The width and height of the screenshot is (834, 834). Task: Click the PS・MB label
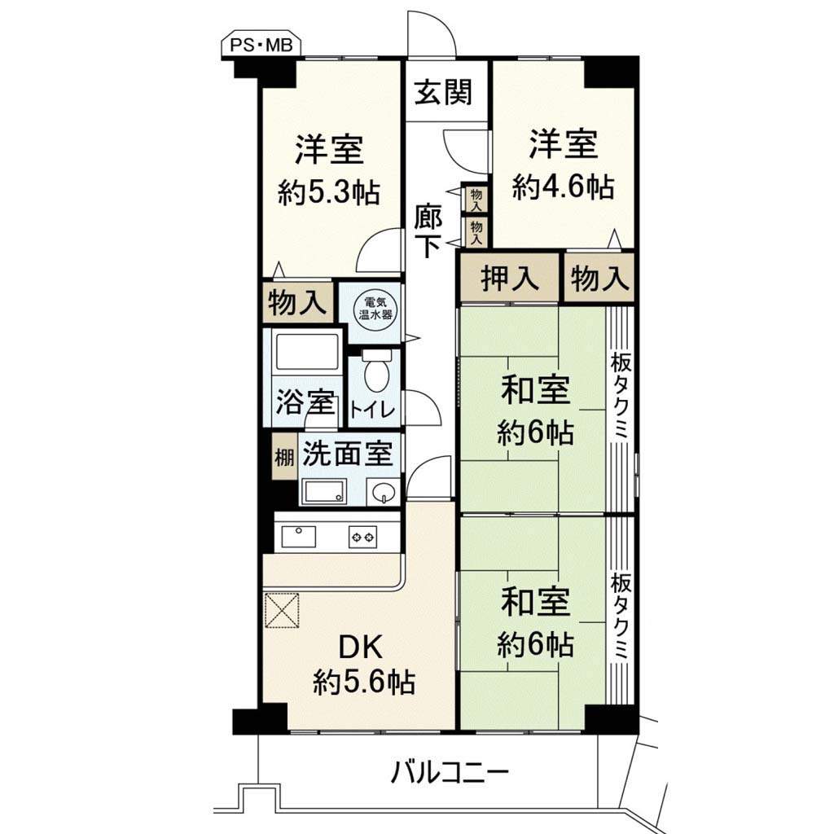tap(261, 46)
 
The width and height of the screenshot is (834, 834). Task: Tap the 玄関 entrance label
tap(444, 91)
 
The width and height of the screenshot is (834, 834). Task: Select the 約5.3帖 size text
tap(329, 192)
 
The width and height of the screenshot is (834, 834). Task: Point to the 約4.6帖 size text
tap(564, 187)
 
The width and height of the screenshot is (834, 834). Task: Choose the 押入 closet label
tap(510, 279)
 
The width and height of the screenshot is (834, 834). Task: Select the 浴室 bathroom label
tap(305, 402)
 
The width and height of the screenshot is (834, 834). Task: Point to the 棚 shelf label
tap(284, 458)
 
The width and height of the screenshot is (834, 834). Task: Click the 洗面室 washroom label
tap(348, 454)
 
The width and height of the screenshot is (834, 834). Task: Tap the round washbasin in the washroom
tap(382, 493)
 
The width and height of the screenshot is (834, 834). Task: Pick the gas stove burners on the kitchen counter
tap(362, 538)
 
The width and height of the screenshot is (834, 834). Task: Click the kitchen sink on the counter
tap(298, 536)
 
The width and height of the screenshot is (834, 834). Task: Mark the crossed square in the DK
tap(282, 610)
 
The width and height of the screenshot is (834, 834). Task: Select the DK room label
tap(361, 648)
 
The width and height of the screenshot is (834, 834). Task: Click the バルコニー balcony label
tap(450, 774)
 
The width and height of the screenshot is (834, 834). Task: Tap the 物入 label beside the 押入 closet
tap(599, 279)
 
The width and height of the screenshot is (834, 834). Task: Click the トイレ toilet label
tap(373, 411)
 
